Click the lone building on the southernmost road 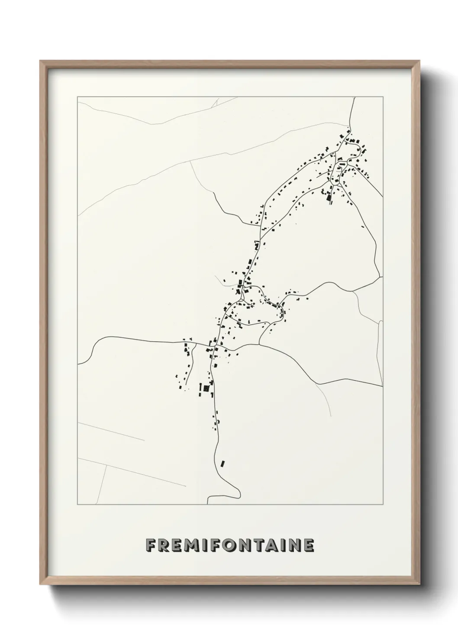(223, 463)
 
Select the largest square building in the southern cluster (206, 389)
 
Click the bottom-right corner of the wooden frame (419, 583)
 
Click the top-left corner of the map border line (77, 97)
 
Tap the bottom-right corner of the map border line (384, 505)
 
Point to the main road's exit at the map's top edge (355, 98)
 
